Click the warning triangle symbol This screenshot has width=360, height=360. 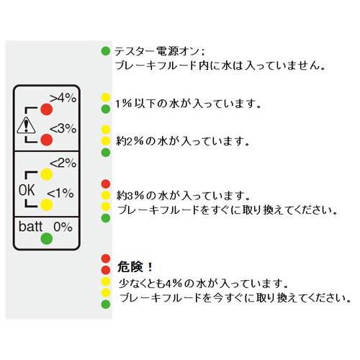[26, 125]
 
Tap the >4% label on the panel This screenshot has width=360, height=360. [63, 98]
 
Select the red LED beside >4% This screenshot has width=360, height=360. [47, 109]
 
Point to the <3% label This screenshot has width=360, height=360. [63, 128]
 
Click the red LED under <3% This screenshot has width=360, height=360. [47, 140]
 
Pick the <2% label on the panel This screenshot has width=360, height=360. [63, 163]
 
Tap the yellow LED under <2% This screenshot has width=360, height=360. [47, 174]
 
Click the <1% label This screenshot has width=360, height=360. [60, 193]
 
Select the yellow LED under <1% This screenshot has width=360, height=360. [47, 205]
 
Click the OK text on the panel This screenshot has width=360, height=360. [27, 190]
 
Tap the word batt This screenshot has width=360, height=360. [30, 227]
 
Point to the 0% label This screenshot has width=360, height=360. [63, 227]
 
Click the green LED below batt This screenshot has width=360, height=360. [47, 238]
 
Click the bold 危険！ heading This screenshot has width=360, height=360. [135, 267]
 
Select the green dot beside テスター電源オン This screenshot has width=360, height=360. [106, 51]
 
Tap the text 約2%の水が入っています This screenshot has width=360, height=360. [183, 141]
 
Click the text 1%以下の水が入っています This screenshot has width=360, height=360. [188, 104]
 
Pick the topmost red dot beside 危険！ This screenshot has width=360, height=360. [106, 258]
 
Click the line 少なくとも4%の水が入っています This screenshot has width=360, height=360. [203, 284]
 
